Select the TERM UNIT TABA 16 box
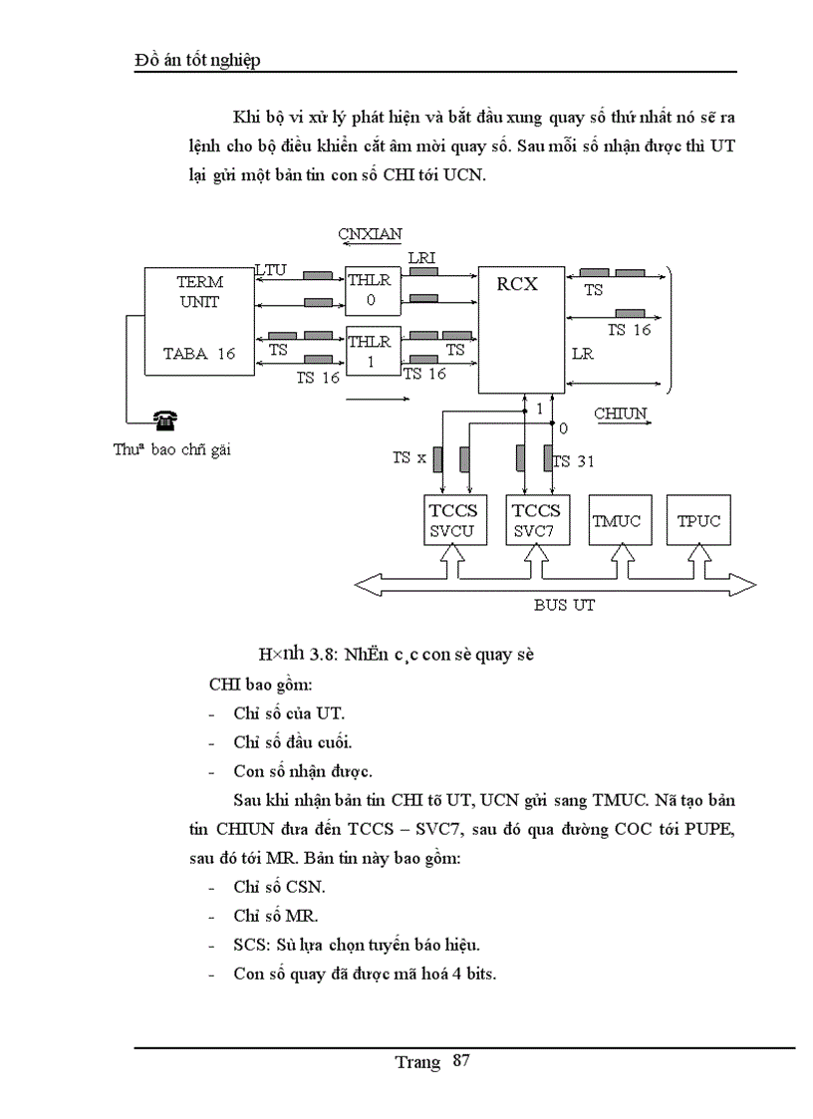click(x=199, y=320)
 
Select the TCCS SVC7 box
click(x=537, y=519)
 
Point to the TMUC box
click(x=618, y=519)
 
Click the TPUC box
click(x=698, y=519)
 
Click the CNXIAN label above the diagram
click(x=370, y=234)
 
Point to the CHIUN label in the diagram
click(x=620, y=413)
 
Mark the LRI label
click(x=420, y=259)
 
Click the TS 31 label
click(x=574, y=461)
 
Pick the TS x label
click(x=408, y=457)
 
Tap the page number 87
click(x=460, y=1060)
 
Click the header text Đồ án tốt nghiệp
click(x=197, y=61)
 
